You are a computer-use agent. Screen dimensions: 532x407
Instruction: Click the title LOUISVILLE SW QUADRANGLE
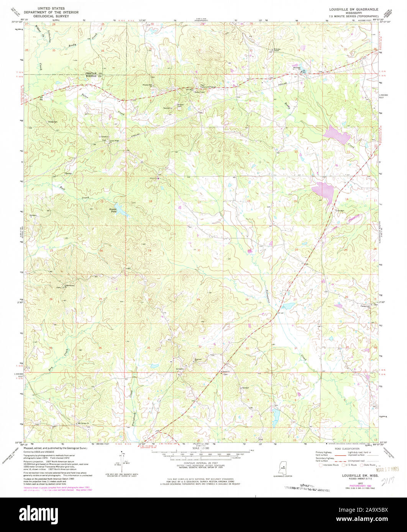click(351, 8)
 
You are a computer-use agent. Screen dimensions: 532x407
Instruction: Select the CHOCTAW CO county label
click(94, 73)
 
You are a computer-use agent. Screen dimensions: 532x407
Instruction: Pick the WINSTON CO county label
click(94, 76)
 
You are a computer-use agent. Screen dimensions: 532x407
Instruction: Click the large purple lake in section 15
click(323, 189)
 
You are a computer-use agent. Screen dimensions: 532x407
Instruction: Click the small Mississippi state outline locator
click(284, 468)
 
